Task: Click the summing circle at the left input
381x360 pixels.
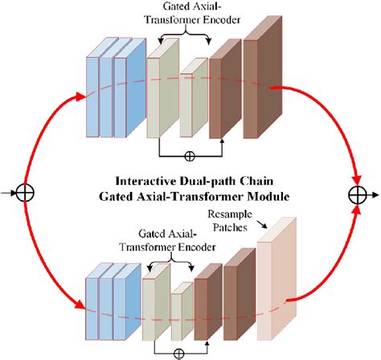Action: click(25, 193)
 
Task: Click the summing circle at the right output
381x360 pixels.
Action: click(358, 195)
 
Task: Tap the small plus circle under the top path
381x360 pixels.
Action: click(190, 156)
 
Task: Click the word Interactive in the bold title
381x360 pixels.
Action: click(146, 181)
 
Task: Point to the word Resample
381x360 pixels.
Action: click(230, 215)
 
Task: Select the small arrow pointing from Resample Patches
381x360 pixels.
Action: click(262, 224)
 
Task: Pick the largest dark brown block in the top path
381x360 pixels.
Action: click(263, 77)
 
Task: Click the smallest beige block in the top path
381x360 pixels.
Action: click(194, 97)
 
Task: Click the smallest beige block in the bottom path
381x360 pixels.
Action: click(182, 311)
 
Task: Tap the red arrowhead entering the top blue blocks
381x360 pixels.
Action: click(80, 96)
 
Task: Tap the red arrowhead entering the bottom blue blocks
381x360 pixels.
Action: click(80, 305)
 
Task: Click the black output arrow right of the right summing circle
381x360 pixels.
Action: click(373, 195)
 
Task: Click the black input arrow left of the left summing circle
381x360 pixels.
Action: click(8, 193)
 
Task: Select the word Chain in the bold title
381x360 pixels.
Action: click(256, 181)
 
